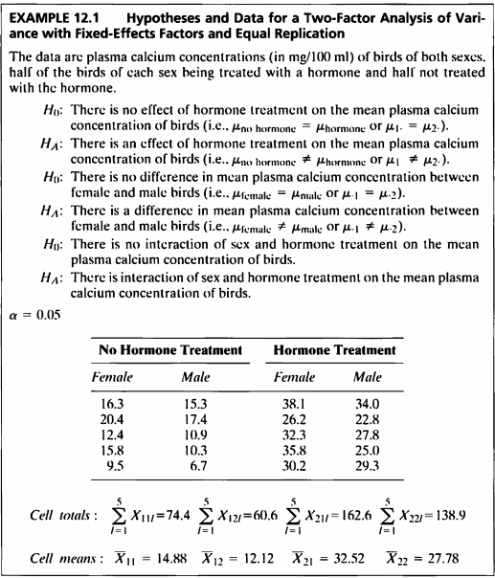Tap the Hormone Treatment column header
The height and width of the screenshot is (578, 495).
(x=334, y=350)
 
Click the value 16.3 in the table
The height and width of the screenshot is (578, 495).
(x=116, y=404)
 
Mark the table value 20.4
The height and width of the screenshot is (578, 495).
(x=116, y=420)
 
